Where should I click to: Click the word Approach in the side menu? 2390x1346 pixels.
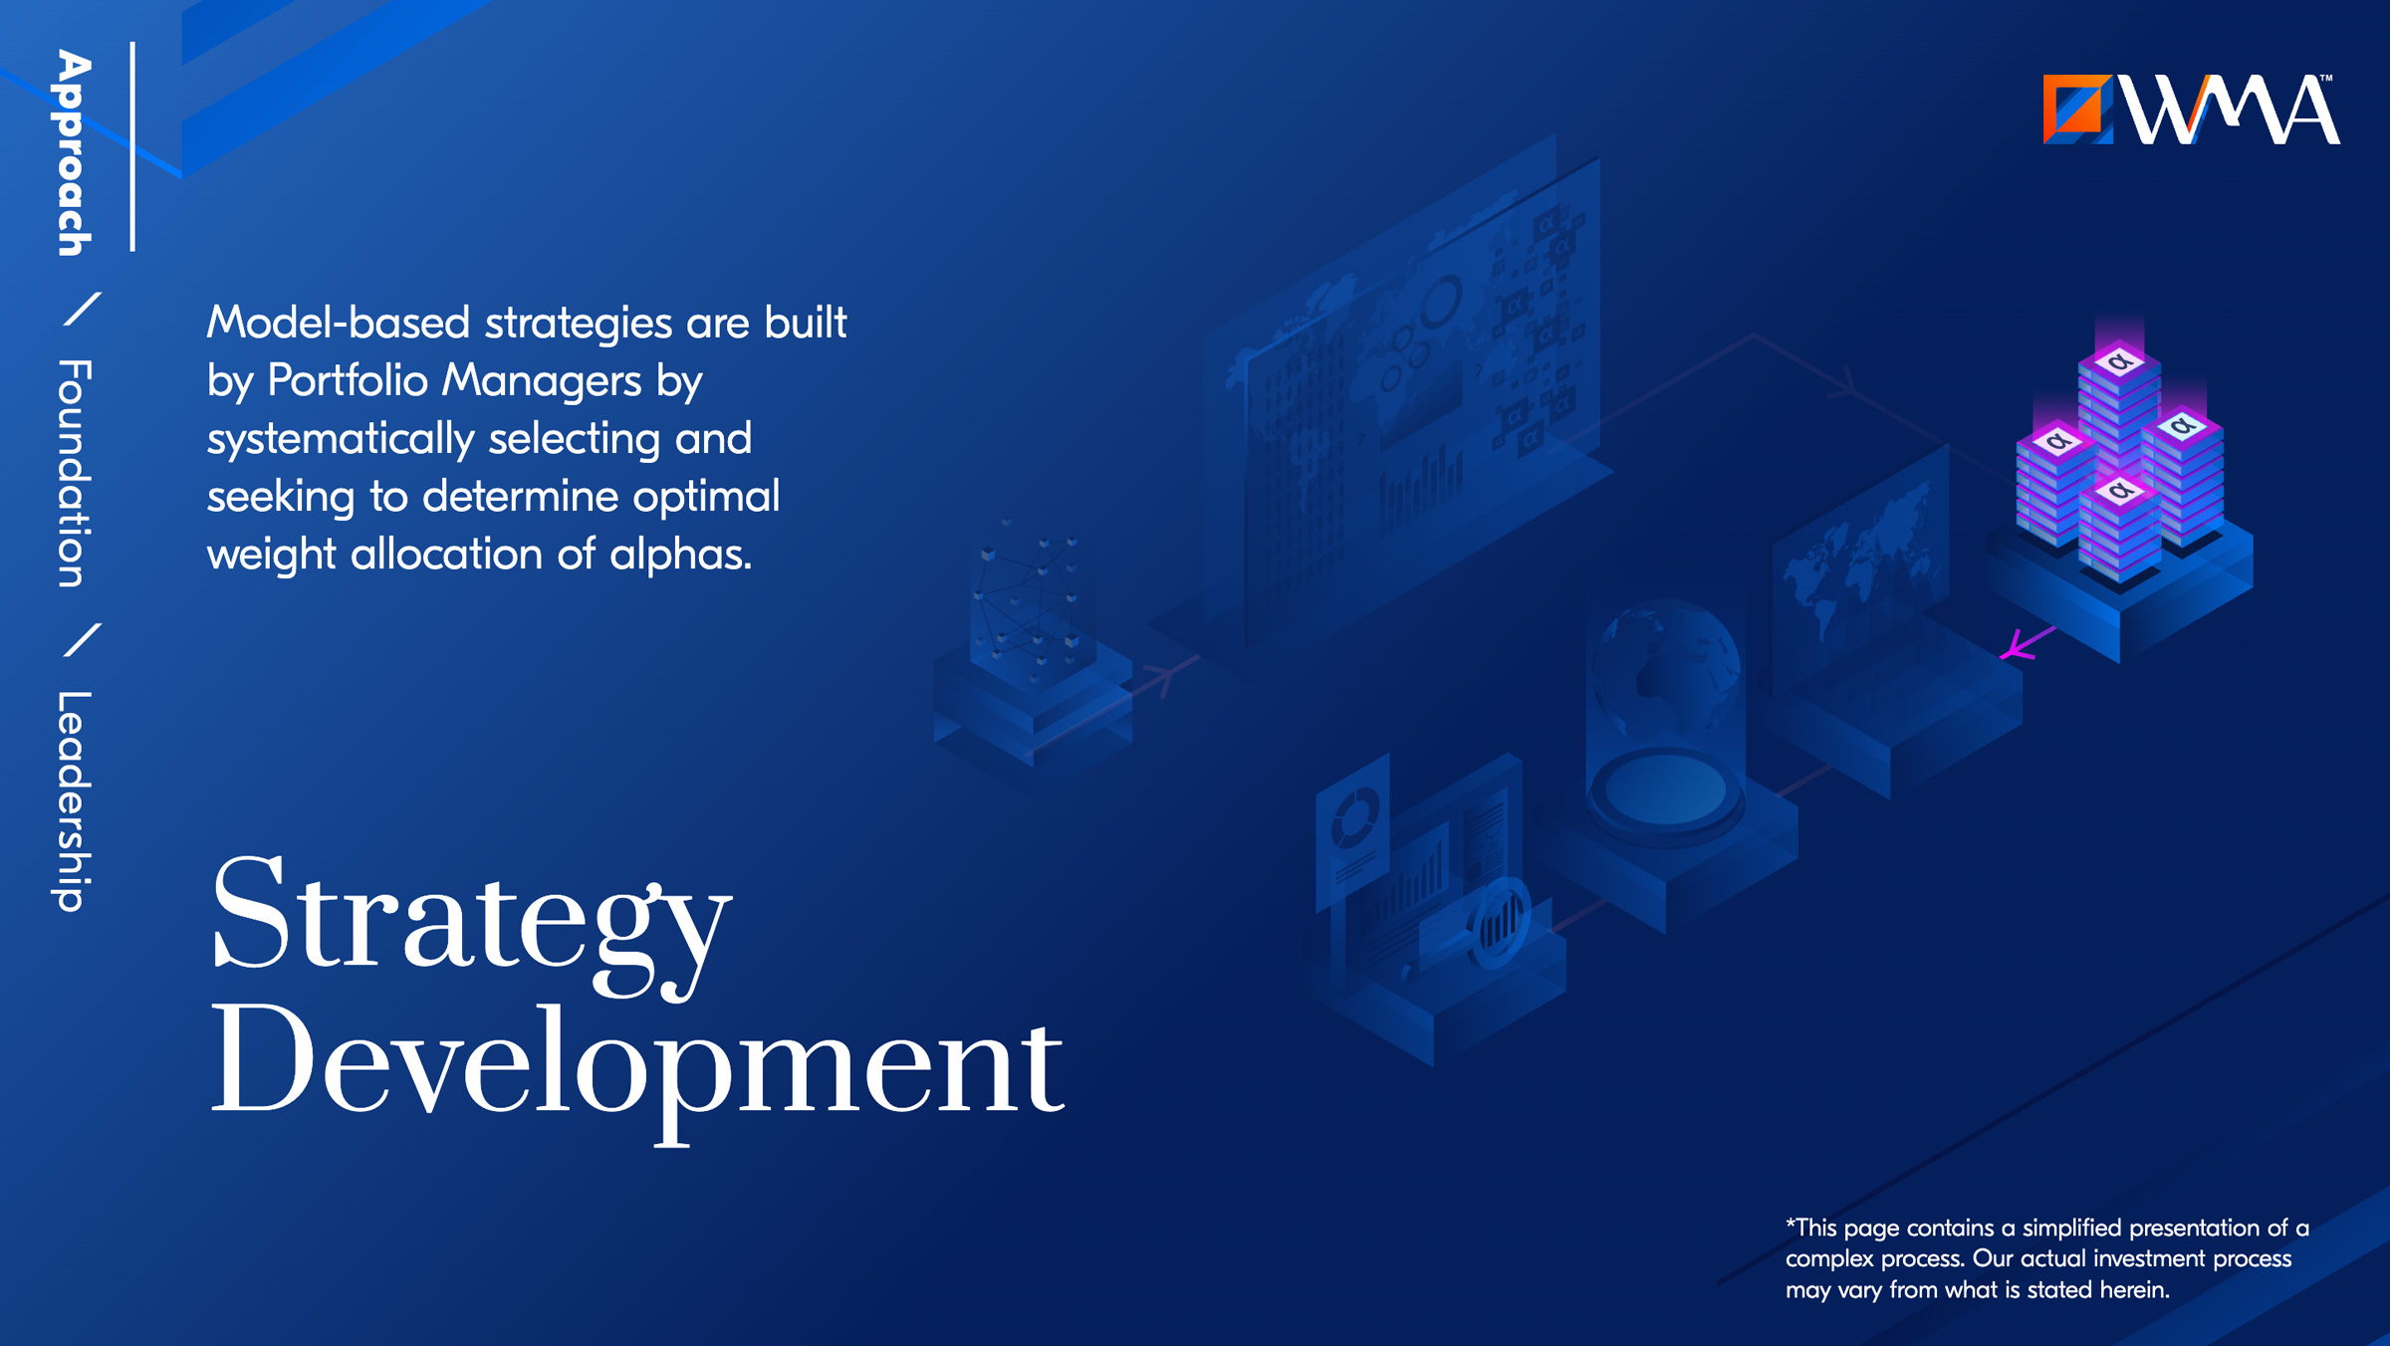[x=74, y=153]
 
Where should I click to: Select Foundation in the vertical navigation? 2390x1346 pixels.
[x=75, y=473]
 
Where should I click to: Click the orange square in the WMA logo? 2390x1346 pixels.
[x=2077, y=109]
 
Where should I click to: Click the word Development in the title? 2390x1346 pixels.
[x=637, y=1070]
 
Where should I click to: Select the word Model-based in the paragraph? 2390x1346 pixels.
[x=339, y=323]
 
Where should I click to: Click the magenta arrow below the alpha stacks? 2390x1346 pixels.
[x=2028, y=642]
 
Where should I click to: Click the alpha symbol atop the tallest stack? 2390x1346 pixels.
[x=2119, y=360]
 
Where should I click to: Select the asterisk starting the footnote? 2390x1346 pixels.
[x=1791, y=1224]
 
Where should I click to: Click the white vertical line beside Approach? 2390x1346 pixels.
[x=132, y=146]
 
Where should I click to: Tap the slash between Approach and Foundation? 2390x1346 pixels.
[x=82, y=309]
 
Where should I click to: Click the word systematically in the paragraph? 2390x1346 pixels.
[x=341, y=440]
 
